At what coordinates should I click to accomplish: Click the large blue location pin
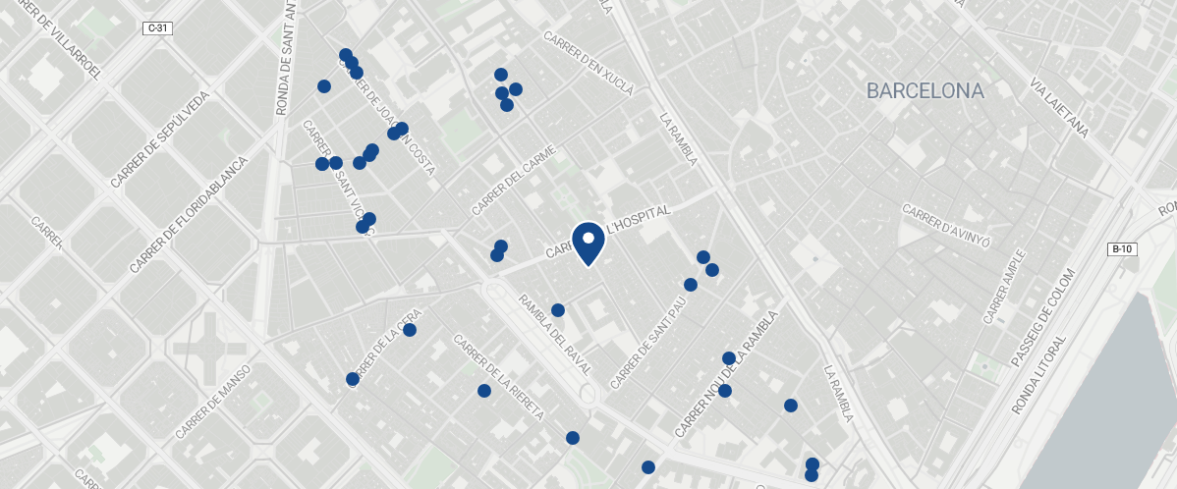point(588,244)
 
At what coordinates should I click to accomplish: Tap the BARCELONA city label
point(925,91)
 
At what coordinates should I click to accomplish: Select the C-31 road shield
point(158,28)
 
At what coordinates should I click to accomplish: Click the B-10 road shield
point(1122,249)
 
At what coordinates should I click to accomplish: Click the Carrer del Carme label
point(514,181)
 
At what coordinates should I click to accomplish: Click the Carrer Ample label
point(1004,286)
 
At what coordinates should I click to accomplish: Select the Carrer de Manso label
point(213,402)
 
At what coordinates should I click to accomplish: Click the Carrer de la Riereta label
point(499,377)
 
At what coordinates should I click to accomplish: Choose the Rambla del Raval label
point(555,335)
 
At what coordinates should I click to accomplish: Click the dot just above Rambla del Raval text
point(558,310)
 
